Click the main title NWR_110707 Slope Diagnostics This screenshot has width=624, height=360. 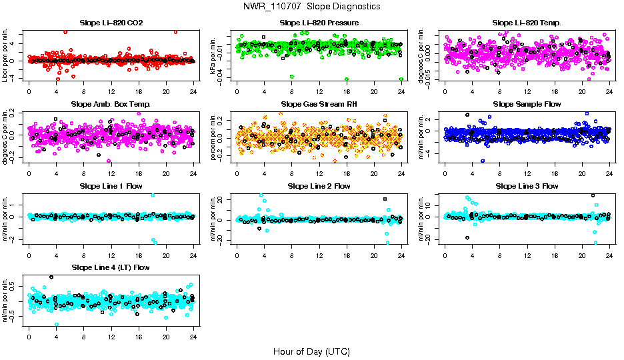[x=311, y=6]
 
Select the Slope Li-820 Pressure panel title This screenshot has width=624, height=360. [x=319, y=23]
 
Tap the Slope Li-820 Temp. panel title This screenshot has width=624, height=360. [x=527, y=23]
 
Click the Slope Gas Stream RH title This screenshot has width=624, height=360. [x=319, y=105]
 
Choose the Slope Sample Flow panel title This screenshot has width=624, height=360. [x=527, y=105]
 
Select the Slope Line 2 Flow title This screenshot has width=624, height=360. [x=319, y=186]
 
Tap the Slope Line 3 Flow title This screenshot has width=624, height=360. [x=527, y=186]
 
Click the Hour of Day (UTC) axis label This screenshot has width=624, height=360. [x=311, y=351]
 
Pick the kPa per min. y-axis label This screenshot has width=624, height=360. [x=214, y=57]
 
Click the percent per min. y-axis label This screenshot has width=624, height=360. [x=214, y=139]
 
